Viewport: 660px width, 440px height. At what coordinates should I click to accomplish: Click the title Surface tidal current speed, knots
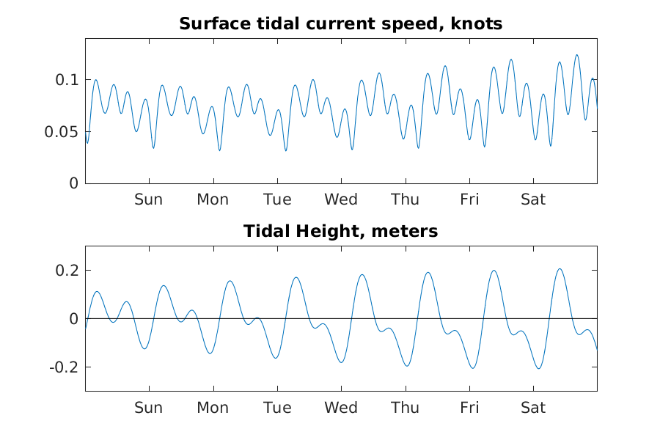[340, 23]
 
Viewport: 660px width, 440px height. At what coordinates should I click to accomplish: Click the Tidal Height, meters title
[340, 232]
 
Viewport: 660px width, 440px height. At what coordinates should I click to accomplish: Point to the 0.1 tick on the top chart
[67, 79]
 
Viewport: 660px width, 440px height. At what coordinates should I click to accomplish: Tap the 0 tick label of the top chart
[73, 183]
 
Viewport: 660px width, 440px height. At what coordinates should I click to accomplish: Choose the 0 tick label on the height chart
[73, 319]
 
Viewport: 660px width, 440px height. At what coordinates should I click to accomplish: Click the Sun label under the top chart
[149, 199]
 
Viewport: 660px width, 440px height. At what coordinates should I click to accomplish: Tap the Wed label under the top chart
[341, 199]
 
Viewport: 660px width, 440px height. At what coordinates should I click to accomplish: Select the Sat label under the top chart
[533, 199]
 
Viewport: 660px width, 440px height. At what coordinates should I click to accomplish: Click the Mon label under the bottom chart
[213, 408]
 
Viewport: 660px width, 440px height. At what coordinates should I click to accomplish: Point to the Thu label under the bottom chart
[405, 408]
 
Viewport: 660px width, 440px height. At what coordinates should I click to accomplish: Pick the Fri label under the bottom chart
[469, 408]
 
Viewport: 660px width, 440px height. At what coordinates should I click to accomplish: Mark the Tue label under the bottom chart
[277, 408]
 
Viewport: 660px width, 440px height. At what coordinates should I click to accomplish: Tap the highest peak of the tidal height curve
[560, 268]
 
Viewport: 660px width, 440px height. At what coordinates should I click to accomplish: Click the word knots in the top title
[478, 23]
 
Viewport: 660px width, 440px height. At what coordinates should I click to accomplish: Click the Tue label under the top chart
[277, 199]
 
